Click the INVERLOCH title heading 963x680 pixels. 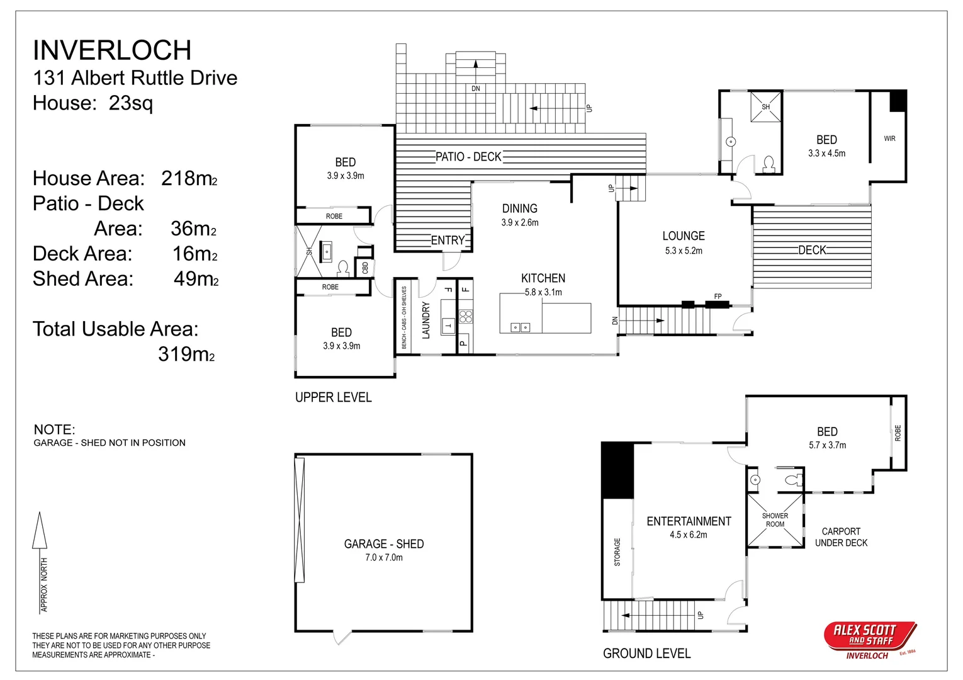[x=112, y=50]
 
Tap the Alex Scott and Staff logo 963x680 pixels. [x=870, y=640]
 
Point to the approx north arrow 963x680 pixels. [x=40, y=562]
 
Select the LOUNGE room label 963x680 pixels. [x=684, y=235]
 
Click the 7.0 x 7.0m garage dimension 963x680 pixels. [x=384, y=557]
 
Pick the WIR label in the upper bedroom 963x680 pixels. [x=889, y=139]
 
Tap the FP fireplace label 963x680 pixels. [x=718, y=297]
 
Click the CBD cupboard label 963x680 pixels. [x=365, y=268]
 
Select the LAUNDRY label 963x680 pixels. [x=426, y=320]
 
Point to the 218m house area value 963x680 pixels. [x=189, y=178]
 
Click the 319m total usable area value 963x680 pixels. [x=186, y=354]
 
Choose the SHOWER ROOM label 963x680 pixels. [x=775, y=519]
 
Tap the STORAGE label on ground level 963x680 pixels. [x=617, y=552]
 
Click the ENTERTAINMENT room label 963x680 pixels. [x=689, y=521]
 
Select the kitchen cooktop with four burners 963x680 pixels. [x=466, y=317]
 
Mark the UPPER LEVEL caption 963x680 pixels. [x=333, y=397]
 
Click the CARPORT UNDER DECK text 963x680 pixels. [x=841, y=537]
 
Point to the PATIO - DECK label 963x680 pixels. [x=468, y=157]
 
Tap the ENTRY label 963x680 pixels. [x=448, y=240]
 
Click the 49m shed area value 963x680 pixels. [x=196, y=279]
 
